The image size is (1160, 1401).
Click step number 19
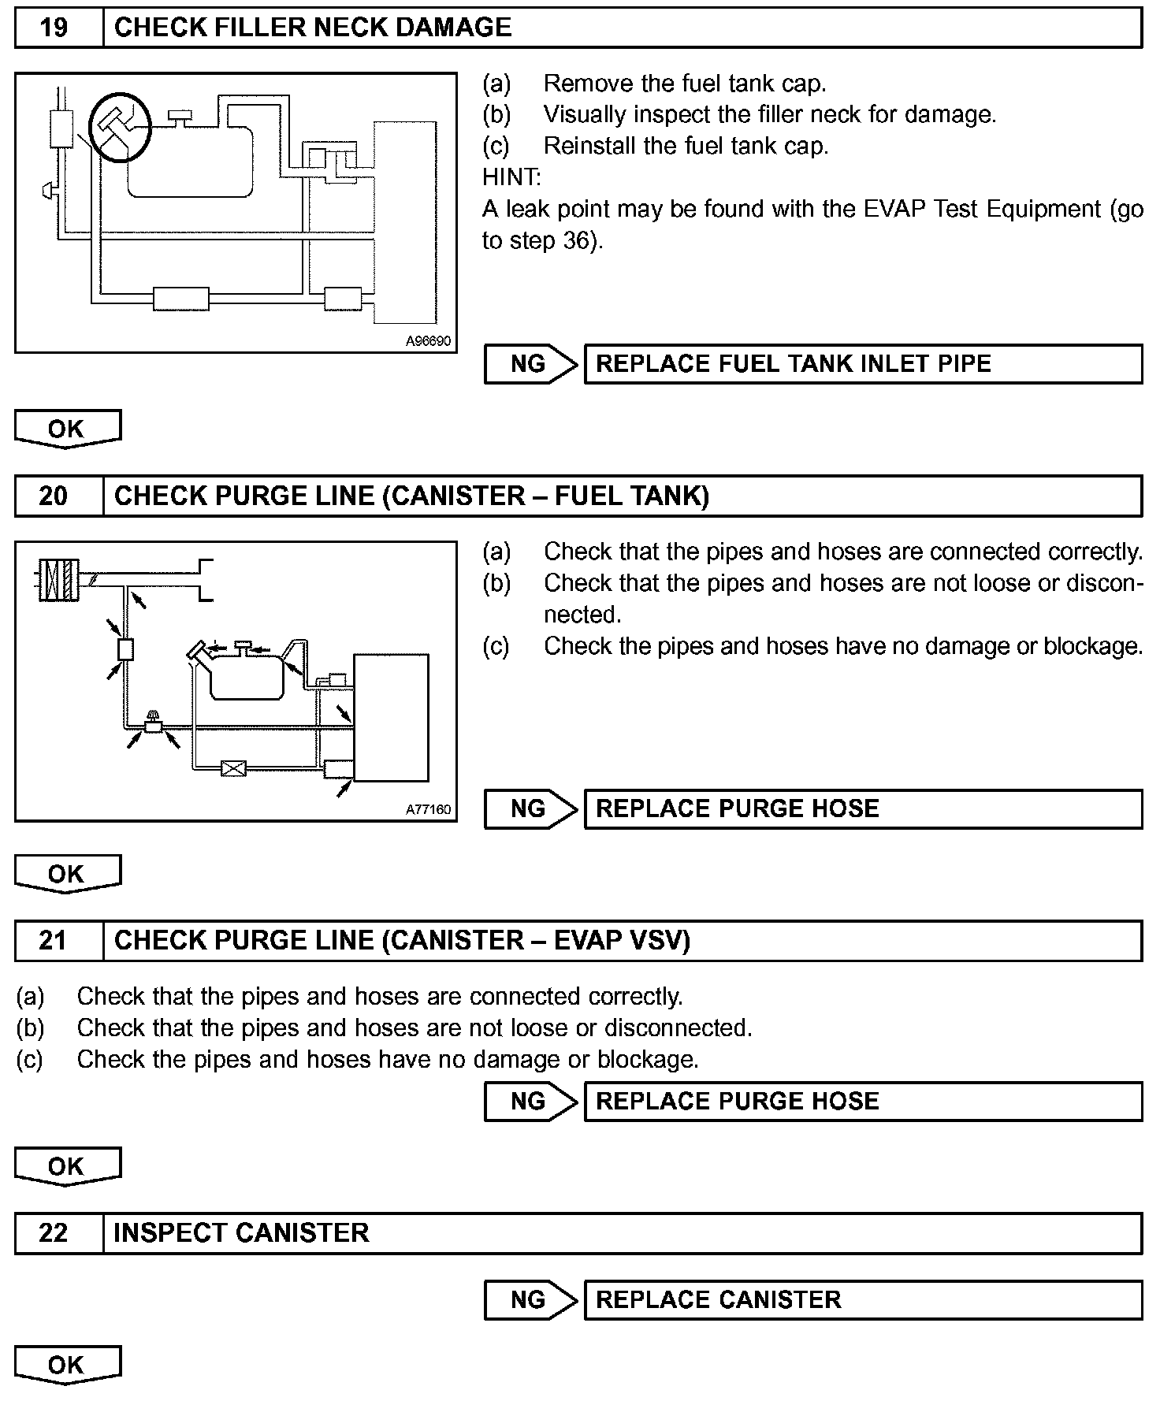click(x=54, y=28)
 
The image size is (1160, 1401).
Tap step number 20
click(x=54, y=496)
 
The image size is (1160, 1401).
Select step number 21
click(x=54, y=941)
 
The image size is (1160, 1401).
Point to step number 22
click(x=54, y=1233)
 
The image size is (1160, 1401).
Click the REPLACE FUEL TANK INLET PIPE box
click(x=863, y=364)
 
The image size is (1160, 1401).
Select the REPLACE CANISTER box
click(x=863, y=1299)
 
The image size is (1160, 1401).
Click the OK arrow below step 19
click(x=67, y=429)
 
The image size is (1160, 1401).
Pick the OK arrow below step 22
click(x=67, y=1366)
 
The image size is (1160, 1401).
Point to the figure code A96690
click(x=428, y=341)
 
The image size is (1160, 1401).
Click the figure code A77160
click(x=428, y=809)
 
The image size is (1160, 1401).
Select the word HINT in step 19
click(x=511, y=177)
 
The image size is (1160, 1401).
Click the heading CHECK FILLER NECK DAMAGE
click(x=313, y=28)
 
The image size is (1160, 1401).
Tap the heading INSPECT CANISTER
click(x=241, y=1233)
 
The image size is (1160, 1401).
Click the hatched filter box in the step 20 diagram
click(x=59, y=581)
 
